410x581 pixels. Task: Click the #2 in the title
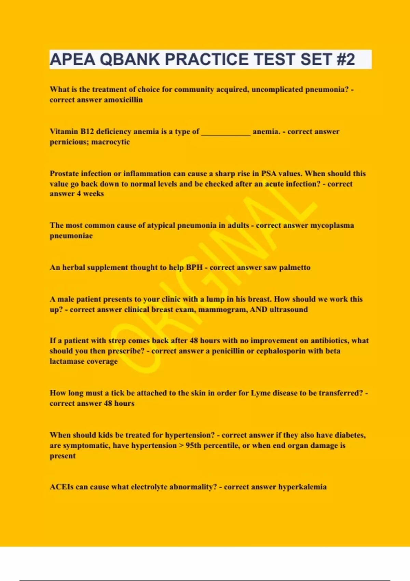346,59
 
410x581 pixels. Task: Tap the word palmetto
295,268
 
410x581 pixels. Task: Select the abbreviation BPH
194,268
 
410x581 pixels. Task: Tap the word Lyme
261,393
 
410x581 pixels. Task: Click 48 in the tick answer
108,403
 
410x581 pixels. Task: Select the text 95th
193,446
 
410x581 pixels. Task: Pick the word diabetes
350,435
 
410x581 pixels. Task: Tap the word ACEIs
61,487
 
